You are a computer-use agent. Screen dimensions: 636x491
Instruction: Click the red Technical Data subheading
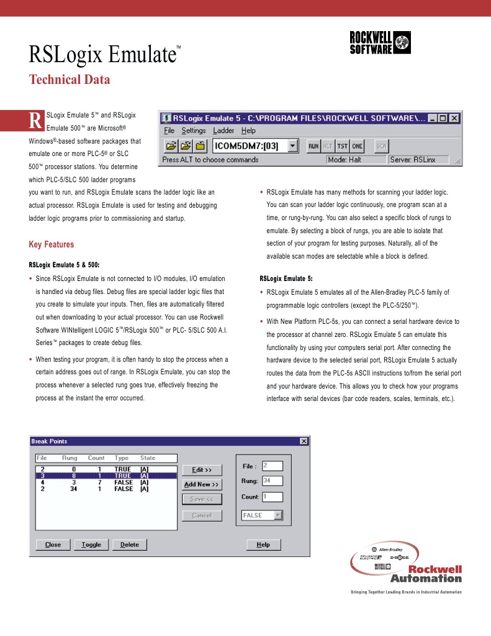(70, 80)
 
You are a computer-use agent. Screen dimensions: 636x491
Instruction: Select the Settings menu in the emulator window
(193, 131)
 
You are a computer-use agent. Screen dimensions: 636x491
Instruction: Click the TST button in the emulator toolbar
(342, 146)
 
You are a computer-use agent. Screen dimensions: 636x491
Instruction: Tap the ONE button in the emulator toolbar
(356, 146)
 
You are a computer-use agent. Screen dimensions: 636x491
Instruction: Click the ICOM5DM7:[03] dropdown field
(255, 146)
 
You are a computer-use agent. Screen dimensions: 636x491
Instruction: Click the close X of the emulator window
(454, 118)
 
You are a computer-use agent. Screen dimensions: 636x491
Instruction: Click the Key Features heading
(52, 244)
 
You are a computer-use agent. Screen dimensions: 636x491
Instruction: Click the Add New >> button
(202, 484)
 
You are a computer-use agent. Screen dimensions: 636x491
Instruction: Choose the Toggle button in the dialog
(91, 545)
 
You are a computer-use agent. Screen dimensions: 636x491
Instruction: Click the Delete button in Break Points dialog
(130, 545)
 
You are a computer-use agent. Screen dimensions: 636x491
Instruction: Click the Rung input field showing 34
(272, 481)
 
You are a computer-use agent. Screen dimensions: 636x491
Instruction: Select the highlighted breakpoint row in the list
(106, 476)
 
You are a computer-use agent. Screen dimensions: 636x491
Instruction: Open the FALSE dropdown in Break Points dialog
(262, 515)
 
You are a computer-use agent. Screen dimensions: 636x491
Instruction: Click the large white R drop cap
(36, 120)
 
